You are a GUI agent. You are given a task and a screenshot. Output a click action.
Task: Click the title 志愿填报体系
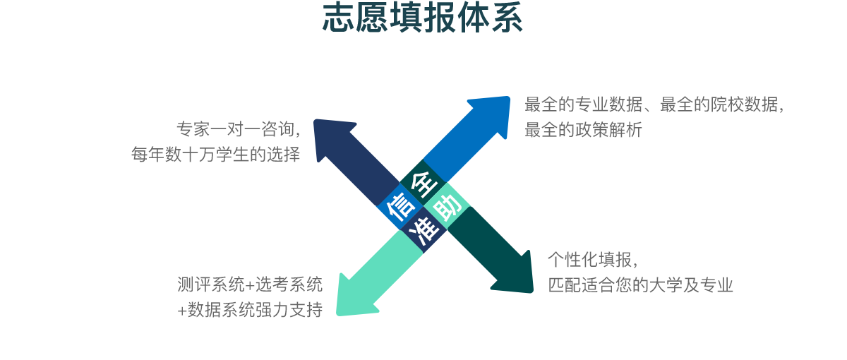422,18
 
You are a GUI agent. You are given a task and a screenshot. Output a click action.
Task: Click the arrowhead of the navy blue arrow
330,136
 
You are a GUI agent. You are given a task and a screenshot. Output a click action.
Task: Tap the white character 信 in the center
400,208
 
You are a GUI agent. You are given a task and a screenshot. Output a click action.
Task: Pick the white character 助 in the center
447,208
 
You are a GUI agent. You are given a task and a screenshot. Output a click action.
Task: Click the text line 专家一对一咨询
239,129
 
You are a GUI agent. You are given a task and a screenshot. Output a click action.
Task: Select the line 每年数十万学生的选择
215,155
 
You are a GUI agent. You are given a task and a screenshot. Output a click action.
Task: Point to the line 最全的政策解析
583,130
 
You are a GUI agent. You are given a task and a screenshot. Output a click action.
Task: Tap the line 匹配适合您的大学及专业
641,285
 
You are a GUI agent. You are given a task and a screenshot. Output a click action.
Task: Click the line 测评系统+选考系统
250,284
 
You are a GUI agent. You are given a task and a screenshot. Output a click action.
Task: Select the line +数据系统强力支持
250,310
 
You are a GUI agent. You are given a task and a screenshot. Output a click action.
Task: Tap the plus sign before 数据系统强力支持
182,311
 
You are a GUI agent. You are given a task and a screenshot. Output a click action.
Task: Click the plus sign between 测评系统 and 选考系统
250,285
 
